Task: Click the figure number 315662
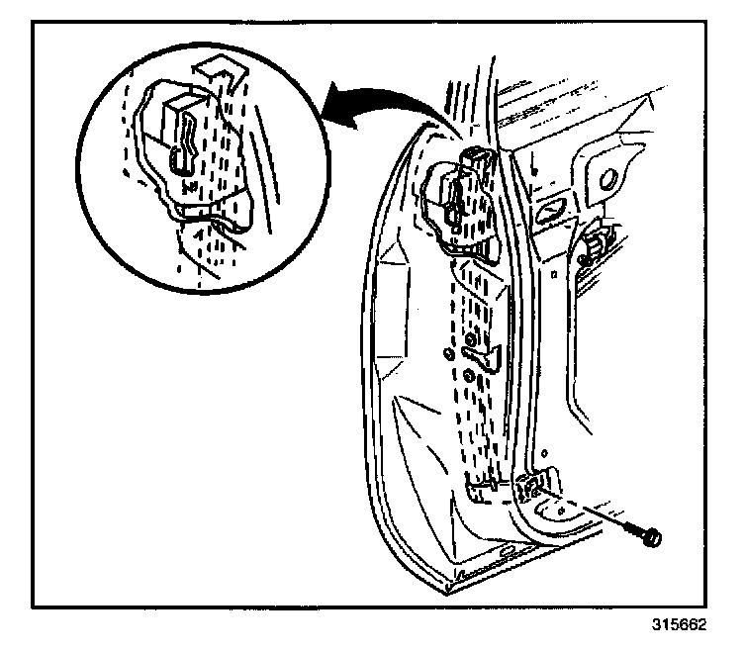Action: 681,627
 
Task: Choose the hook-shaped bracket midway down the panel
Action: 476,349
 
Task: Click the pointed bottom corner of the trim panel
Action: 447,591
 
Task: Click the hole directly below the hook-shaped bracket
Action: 466,375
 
